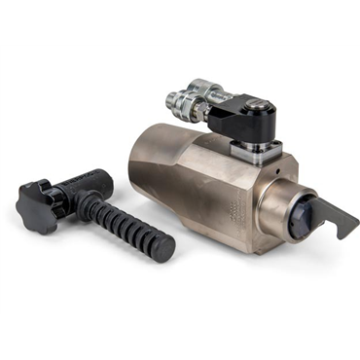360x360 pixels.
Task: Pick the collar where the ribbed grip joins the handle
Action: [x=86, y=202]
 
